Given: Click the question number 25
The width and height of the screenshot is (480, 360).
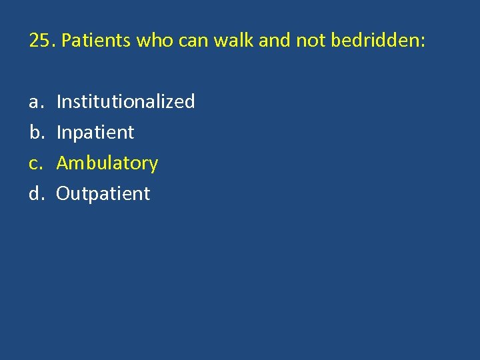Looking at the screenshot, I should (41, 41).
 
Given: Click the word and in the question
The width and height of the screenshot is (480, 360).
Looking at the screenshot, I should (273, 41).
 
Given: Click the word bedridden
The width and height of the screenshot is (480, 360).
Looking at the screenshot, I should (373, 41).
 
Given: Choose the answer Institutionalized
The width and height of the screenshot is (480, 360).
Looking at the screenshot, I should (125, 102).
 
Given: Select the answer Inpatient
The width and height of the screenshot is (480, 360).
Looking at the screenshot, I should (95, 133).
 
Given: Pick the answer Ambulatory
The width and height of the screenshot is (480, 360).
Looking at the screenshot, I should (107, 163).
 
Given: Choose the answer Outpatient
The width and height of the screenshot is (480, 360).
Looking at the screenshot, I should (103, 194).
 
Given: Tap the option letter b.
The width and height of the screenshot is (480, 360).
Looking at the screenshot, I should (35, 133).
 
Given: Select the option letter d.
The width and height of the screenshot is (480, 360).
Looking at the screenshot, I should (35, 194).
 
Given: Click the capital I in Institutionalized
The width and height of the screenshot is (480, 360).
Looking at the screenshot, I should (59, 102).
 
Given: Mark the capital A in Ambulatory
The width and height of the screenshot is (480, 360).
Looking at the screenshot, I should (63, 163).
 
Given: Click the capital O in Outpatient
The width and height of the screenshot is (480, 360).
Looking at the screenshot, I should (63, 194).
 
